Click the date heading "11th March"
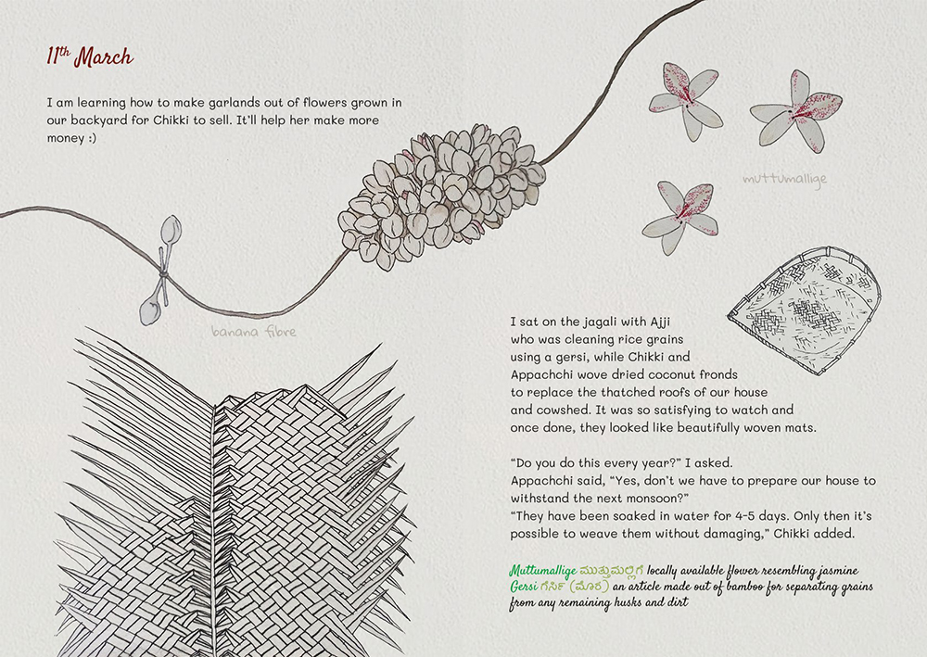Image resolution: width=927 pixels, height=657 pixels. pyautogui.click(x=90, y=57)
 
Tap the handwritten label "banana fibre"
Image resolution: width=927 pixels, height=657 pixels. pyautogui.click(x=254, y=332)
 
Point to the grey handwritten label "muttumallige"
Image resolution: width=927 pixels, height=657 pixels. pyautogui.click(x=784, y=179)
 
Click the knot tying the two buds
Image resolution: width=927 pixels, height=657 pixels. pyautogui.click(x=163, y=273)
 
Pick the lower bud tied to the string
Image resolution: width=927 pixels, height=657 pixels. pyautogui.click(x=150, y=310)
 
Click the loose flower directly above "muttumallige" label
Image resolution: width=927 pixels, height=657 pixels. pyautogui.click(x=796, y=111)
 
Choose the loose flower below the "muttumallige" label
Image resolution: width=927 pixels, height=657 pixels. pyautogui.click(x=681, y=216)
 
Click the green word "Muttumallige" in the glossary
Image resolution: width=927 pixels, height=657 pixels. pyautogui.click(x=542, y=571)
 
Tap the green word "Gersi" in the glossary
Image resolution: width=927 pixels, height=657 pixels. pyautogui.click(x=524, y=588)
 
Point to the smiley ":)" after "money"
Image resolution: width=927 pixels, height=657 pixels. pyautogui.click(x=92, y=138)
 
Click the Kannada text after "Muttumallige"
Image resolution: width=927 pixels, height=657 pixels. pyautogui.click(x=611, y=572)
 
